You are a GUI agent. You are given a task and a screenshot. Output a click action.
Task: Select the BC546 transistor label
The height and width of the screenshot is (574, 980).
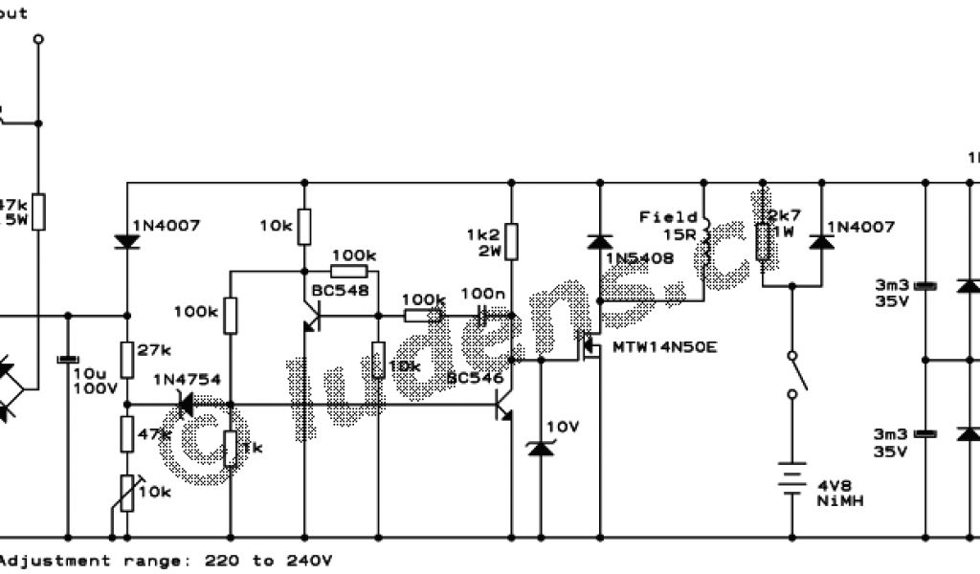tap(476, 379)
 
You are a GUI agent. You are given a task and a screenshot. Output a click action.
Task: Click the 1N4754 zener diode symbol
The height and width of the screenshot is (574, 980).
tap(186, 405)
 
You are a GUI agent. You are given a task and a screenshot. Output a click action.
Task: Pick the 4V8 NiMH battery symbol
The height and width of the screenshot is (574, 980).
tap(791, 476)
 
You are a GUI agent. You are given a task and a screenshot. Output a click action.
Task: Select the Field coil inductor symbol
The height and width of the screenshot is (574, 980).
tap(705, 245)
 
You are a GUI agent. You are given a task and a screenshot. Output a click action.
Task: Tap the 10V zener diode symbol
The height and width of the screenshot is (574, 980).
tap(541, 447)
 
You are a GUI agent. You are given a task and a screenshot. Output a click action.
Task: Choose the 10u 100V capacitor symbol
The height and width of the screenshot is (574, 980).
tap(67, 359)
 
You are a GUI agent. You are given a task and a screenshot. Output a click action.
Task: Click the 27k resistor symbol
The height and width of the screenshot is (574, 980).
tap(126, 353)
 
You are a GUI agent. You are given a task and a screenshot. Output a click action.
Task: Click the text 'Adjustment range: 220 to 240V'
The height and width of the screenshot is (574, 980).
tap(167, 561)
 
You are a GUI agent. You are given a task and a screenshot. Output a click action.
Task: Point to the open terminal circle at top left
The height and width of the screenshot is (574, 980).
tap(38, 40)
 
